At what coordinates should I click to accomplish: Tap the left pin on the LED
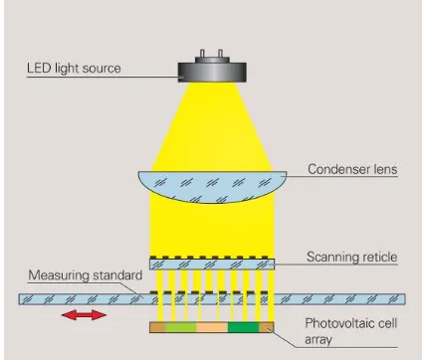[203, 54]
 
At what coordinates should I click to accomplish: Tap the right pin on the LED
[220, 54]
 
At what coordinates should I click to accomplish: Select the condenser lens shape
[212, 186]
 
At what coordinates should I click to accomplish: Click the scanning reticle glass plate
[212, 265]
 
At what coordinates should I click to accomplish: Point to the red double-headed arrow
[85, 315]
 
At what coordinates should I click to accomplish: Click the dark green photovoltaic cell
[243, 327]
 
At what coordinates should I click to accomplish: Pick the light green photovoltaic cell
[180, 327]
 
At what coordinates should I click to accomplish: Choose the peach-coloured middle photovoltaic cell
[212, 327]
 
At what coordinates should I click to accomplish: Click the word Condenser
[337, 169]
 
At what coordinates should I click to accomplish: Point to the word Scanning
[332, 258]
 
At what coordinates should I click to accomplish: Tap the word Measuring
[59, 275]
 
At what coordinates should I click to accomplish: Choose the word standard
[117, 275]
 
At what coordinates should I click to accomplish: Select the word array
[318, 340]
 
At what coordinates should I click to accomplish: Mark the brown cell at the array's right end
[267, 327]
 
